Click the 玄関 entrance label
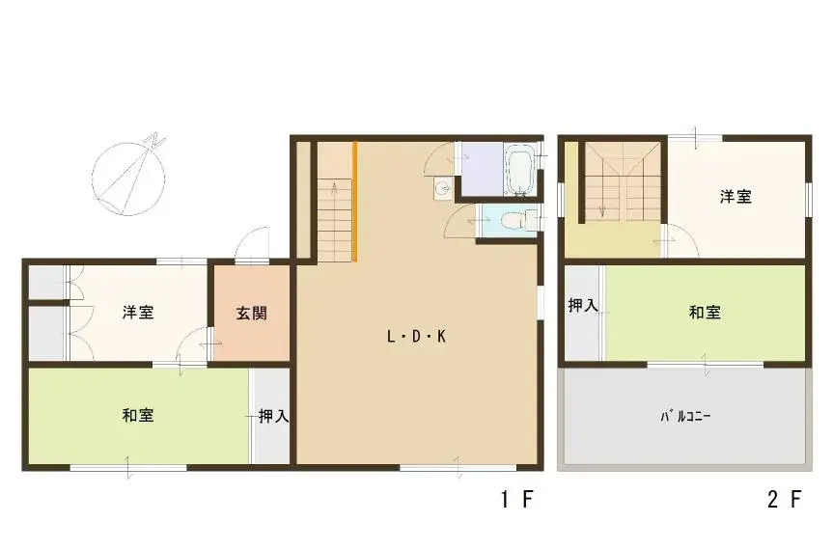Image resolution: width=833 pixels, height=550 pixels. point(251,314)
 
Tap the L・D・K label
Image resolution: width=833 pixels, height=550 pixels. point(417,336)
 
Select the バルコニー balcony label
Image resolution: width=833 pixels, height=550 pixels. point(685,416)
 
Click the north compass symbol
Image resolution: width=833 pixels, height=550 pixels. point(129,177)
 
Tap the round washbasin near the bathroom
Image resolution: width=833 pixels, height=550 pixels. point(442,187)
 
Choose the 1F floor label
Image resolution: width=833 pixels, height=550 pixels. point(516,499)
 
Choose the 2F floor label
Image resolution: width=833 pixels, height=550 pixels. point(784,499)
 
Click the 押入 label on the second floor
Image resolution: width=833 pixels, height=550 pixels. point(583,305)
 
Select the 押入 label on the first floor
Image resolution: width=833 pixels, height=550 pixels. point(273,416)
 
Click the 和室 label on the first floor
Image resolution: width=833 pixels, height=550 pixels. point(138,415)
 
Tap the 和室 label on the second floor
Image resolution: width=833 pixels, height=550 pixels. point(705,313)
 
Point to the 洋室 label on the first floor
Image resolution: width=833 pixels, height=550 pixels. point(138,312)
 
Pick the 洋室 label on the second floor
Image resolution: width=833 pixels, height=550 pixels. point(736,197)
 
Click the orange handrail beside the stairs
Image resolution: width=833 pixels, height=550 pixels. point(355,202)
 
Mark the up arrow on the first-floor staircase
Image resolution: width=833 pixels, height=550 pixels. point(335,189)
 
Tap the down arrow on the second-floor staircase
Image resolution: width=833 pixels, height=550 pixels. point(602,211)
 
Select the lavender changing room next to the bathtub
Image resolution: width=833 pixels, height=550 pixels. point(482,168)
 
